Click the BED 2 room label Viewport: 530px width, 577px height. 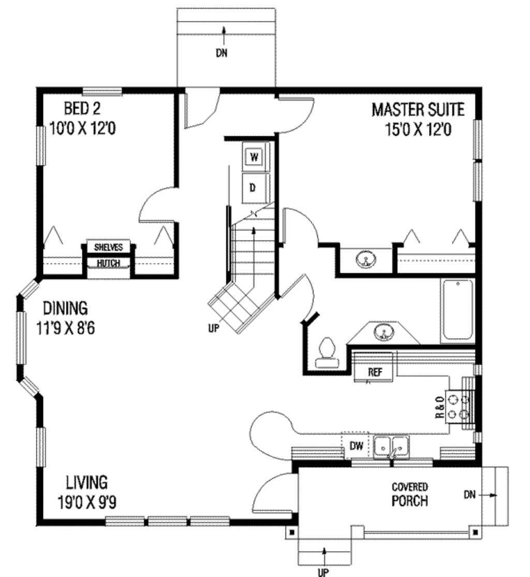point(82,109)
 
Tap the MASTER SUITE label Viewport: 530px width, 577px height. point(418,110)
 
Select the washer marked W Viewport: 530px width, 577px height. point(254,157)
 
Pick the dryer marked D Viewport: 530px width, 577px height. point(254,187)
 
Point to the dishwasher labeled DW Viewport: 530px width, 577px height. point(356,446)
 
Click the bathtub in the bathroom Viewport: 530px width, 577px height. point(458,310)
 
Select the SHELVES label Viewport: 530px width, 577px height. point(109,247)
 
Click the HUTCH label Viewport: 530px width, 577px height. point(109,263)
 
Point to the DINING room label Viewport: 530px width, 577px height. point(65,308)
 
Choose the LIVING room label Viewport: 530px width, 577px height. point(87,482)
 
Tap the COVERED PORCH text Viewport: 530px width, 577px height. point(410,494)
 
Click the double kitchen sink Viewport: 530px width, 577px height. point(391,446)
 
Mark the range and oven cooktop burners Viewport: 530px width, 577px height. point(458,407)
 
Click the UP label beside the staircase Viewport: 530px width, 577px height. point(214,328)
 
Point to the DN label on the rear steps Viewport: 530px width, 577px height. point(222,53)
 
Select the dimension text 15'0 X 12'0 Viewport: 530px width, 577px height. point(418,129)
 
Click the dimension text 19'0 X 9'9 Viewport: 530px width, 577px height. point(87,502)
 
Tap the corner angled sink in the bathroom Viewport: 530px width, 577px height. point(384,332)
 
